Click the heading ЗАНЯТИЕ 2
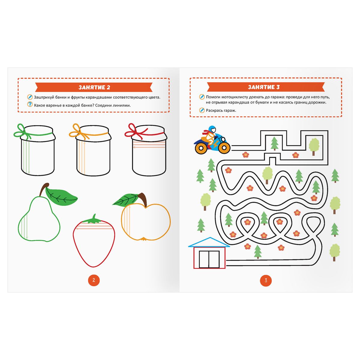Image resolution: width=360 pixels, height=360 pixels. (94, 87)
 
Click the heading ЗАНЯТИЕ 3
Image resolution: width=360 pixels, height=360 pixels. (264, 87)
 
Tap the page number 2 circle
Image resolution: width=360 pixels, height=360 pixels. (94, 280)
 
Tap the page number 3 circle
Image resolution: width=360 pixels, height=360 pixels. (266, 280)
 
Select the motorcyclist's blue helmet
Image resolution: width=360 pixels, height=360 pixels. (212, 129)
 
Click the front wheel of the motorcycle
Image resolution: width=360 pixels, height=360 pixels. (224, 148)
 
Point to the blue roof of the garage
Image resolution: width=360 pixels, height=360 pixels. (209, 242)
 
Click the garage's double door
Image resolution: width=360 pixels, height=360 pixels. (209, 259)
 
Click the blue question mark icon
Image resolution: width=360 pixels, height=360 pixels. (30, 104)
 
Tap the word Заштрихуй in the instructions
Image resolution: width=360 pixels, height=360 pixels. (43, 97)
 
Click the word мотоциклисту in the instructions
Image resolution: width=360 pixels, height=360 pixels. (231, 97)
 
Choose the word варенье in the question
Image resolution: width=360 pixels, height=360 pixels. (54, 105)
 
